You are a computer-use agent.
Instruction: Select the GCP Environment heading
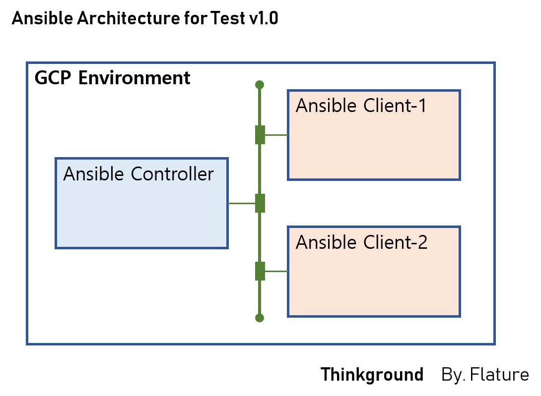click(113, 78)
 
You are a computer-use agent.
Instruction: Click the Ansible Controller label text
click(138, 174)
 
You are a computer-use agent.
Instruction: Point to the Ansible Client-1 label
click(361, 106)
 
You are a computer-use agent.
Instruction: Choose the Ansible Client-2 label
click(361, 243)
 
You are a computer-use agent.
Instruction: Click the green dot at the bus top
click(259, 85)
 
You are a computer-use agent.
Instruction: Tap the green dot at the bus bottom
click(259, 318)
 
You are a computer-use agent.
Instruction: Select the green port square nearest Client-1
click(260, 135)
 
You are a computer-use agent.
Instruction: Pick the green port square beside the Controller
click(260, 203)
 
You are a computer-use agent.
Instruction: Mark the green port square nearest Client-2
click(260, 271)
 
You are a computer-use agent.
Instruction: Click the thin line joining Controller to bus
click(241, 203)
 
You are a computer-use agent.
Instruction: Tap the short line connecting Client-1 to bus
click(276, 135)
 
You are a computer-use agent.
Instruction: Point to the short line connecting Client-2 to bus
click(276, 271)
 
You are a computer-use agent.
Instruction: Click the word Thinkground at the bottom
click(372, 375)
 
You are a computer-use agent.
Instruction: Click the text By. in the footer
click(453, 375)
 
